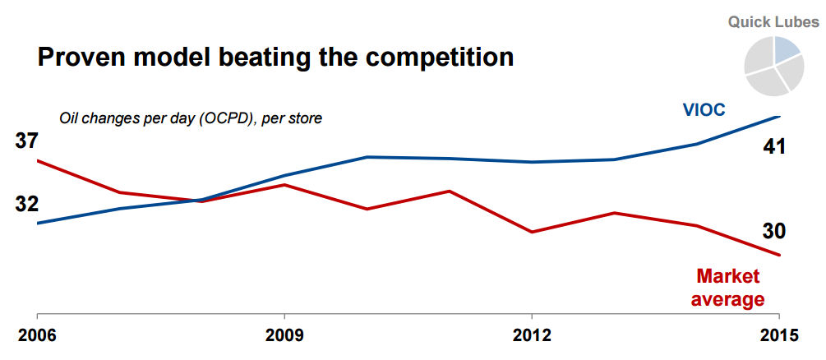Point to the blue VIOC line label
click(703, 110)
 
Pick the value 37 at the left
click(27, 141)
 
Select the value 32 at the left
click(27, 204)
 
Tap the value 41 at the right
click(774, 147)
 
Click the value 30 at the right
click(774, 231)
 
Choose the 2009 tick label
click(284, 335)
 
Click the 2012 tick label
click(531, 335)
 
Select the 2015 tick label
click(778, 335)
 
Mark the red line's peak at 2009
click(284, 185)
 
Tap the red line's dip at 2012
click(532, 232)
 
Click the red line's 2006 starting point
click(38, 161)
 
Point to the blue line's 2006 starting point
click(38, 223)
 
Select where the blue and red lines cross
click(200, 200)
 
